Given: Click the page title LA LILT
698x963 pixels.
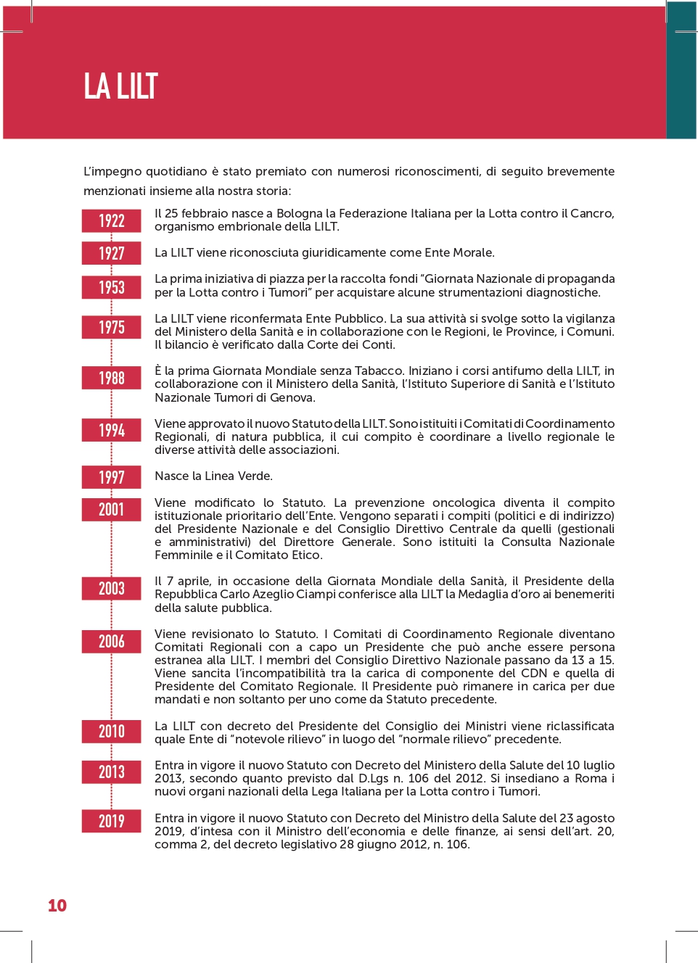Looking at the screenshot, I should (x=120, y=86).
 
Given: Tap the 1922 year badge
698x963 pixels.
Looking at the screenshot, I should (x=111, y=221).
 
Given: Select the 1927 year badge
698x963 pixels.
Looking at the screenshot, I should (x=111, y=253).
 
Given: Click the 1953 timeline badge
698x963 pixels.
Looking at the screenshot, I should (x=111, y=287).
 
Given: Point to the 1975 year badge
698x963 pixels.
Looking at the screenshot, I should (x=111, y=327).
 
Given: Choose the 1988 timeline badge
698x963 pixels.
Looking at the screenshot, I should (x=111, y=378).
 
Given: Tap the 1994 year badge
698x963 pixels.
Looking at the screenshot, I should (x=111, y=430).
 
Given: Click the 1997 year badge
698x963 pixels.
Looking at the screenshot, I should (x=111, y=477).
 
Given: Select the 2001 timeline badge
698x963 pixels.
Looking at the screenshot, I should (x=111, y=509).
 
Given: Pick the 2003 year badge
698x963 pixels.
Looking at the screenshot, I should (x=111, y=588).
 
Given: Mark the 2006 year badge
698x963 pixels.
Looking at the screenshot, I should (x=111, y=641).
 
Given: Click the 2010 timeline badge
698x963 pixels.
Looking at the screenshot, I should (x=111, y=731).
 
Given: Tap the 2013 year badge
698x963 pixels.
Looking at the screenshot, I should (x=111, y=772).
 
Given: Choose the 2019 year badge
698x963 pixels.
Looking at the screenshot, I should (x=111, y=821).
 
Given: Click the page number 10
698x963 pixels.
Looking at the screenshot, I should (x=57, y=906).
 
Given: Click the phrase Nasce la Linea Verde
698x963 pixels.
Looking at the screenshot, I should (x=213, y=476).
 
